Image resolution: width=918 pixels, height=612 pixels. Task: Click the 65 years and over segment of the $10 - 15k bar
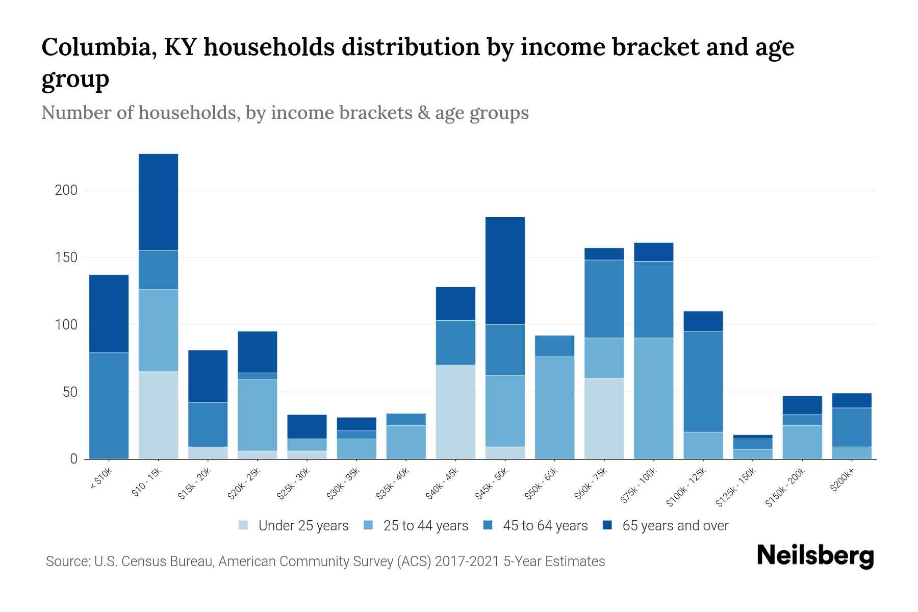point(159,202)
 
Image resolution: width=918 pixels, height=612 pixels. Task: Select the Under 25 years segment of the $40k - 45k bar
point(455,412)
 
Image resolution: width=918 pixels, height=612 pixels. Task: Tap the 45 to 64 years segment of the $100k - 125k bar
point(703,381)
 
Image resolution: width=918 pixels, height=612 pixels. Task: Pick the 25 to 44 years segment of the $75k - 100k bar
point(654,398)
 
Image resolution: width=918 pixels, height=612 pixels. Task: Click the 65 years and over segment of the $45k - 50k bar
point(505,271)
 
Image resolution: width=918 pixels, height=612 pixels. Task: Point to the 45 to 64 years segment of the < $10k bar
point(109,405)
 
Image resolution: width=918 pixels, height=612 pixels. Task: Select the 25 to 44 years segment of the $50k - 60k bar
point(554,407)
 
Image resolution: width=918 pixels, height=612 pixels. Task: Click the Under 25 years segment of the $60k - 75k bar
point(604,418)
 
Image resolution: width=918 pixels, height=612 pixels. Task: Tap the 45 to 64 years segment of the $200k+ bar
point(852,427)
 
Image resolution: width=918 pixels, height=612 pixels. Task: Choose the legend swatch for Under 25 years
point(244,525)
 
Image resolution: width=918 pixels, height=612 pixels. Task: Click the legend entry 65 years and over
point(675,526)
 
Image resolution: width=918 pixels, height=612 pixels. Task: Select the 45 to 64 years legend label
point(545,526)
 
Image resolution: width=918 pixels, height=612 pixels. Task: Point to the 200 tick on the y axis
point(66,190)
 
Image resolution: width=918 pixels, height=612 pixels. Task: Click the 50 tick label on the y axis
point(69,392)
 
